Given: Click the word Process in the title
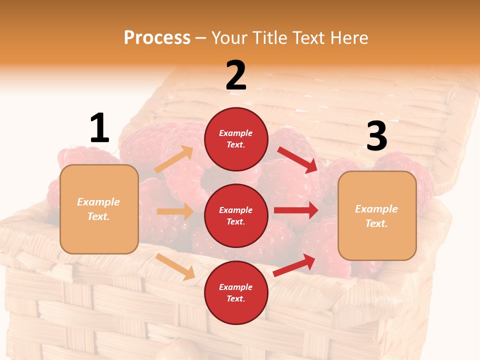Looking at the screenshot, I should click(x=157, y=37).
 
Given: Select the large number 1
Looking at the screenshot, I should click(x=99, y=128).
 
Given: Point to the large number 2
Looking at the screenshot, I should click(x=236, y=75).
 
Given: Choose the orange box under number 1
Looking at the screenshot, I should click(x=99, y=209).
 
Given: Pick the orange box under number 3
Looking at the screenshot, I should click(x=377, y=215).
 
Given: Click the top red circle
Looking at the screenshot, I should click(x=236, y=139).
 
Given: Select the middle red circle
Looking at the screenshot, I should click(x=236, y=215).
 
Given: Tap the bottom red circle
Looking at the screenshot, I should click(x=236, y=292).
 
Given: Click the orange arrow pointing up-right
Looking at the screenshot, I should click(x=173, y=159).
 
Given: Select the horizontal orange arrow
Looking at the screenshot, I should click(x=175, y=211).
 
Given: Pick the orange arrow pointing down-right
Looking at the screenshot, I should click(x=175, y=266).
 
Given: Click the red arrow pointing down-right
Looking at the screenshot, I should click(x=297, y=159).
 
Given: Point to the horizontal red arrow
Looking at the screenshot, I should click(x=296, y=210).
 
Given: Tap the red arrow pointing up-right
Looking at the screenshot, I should click(x=294, y=265).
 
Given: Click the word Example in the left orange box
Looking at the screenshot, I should click(x=98, y=202).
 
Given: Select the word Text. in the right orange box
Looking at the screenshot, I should click(x=376, y=223).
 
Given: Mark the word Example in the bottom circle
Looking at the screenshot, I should click(x=236, y=287).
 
